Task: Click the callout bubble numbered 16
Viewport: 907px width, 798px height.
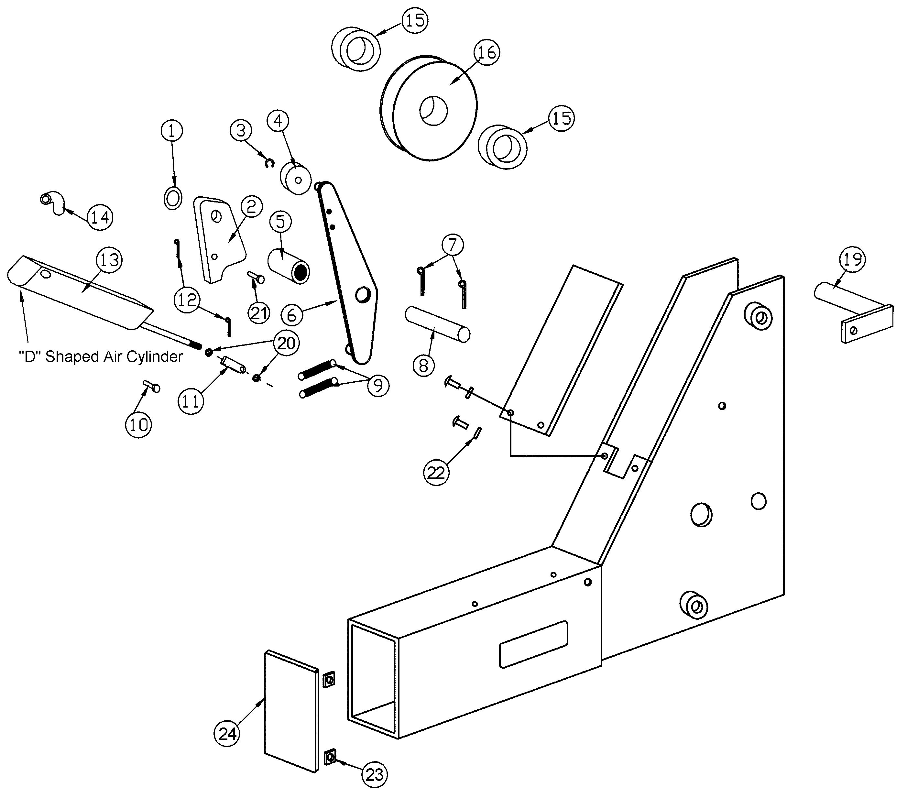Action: (x=487, y=52)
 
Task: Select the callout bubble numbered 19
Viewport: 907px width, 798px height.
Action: (x=852, y=259)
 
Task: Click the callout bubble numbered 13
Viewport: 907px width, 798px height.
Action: (x=109, y=260)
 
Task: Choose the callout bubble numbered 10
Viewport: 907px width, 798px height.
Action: (x=138, y=425)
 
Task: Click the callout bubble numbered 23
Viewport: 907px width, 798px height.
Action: (x=375, y=774)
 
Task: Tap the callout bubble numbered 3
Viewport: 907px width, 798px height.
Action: (x=241, y=130)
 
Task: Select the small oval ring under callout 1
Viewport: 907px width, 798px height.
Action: (x=173, y=198)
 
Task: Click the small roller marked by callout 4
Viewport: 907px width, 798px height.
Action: (x=296, y=179)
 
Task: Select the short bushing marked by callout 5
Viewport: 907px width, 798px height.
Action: (x=289, y=266)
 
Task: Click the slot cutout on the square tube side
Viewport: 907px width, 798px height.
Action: (x=534, y=644)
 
